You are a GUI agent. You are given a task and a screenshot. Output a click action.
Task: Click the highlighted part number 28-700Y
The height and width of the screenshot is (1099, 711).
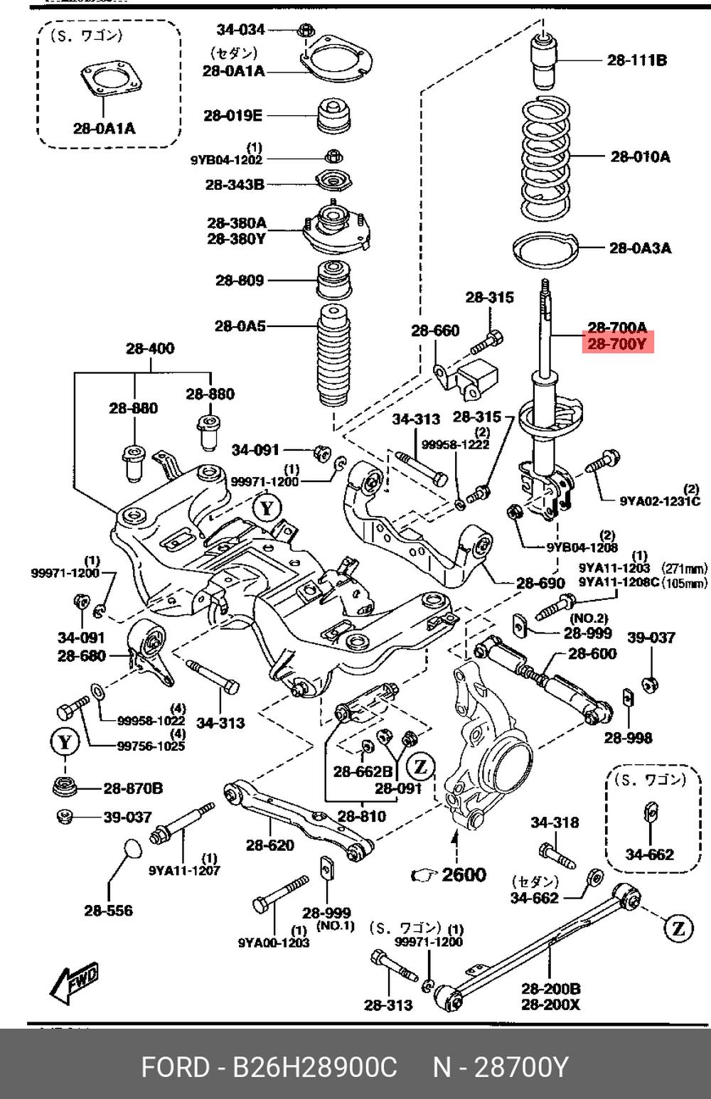[x=616, y=344]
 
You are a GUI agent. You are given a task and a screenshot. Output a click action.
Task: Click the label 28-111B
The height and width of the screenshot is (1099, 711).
[x=637, y=60]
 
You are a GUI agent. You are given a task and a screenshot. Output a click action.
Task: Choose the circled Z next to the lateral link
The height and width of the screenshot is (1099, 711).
[x=678, y=927]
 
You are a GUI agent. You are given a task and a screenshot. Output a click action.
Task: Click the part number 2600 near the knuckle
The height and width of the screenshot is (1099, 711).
[x=464, y=875]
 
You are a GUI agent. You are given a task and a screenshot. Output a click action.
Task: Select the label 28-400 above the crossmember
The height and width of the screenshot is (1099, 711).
[x=150, y=348]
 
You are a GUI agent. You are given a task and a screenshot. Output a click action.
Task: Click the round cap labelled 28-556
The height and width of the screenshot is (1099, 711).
[x=127, y=850]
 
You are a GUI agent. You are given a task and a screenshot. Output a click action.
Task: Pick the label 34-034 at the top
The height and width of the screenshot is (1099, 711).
[x=240, y=29]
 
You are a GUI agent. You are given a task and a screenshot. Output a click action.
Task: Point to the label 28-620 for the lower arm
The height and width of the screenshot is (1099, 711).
[x=270, y=845]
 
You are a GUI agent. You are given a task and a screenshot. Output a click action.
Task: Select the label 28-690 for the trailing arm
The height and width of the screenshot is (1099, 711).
[x=540, y=584]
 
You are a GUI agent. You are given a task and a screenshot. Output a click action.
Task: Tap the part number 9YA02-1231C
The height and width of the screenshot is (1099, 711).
[x=660, y=501]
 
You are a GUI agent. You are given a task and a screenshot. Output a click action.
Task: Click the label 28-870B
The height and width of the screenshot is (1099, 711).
[x=133, y=788]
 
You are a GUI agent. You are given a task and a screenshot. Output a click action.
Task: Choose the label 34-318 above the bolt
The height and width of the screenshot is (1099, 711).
[x=555, y=822]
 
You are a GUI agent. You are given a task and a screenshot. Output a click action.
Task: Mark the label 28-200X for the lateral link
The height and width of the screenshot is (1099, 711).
[x=550, y=1004]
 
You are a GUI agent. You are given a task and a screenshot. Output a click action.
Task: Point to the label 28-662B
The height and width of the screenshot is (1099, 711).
[x=363, y=771]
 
